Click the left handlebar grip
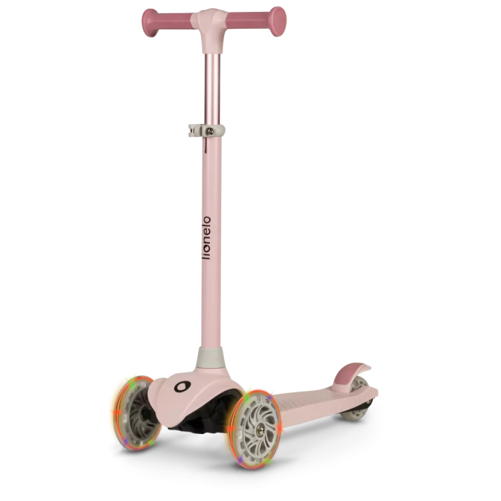(x=168, y=22)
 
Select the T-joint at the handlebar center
(x=211, y=29)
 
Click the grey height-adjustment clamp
(x=206, y=130)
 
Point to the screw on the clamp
(x=210, y=131)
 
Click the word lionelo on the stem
(x=207, y=238)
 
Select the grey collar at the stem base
(x=211, y=357)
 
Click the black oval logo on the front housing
(x=182, y=386)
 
